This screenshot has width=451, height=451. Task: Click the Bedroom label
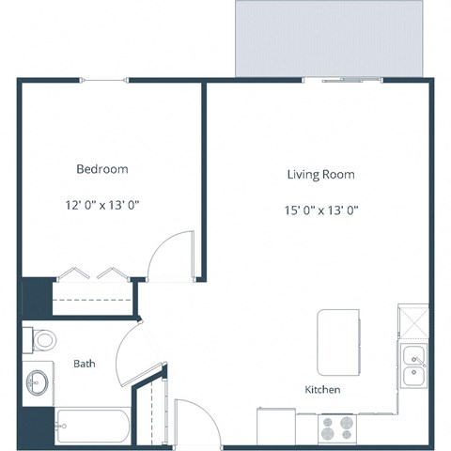pyautogui.click(x=101, y=169)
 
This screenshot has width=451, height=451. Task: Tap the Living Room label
pyautogui.click(x=320, y=175)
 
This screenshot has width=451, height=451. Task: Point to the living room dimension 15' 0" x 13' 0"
pyautogui.click(x=320, y=210)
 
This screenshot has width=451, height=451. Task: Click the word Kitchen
pyautogui.click(x=322, y=389)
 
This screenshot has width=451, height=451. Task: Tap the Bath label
pyautogui.click(x=85, y=364)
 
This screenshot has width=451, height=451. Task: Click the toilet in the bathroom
pyautogui.click(x=42, y=338)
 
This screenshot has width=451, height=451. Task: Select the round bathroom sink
pyautogui.click(x=39, y=381)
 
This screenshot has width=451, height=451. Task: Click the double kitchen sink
pyautogui.click(x=412, y=366)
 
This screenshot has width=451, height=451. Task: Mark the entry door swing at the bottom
pyautogui.click(x=194, y=418)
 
